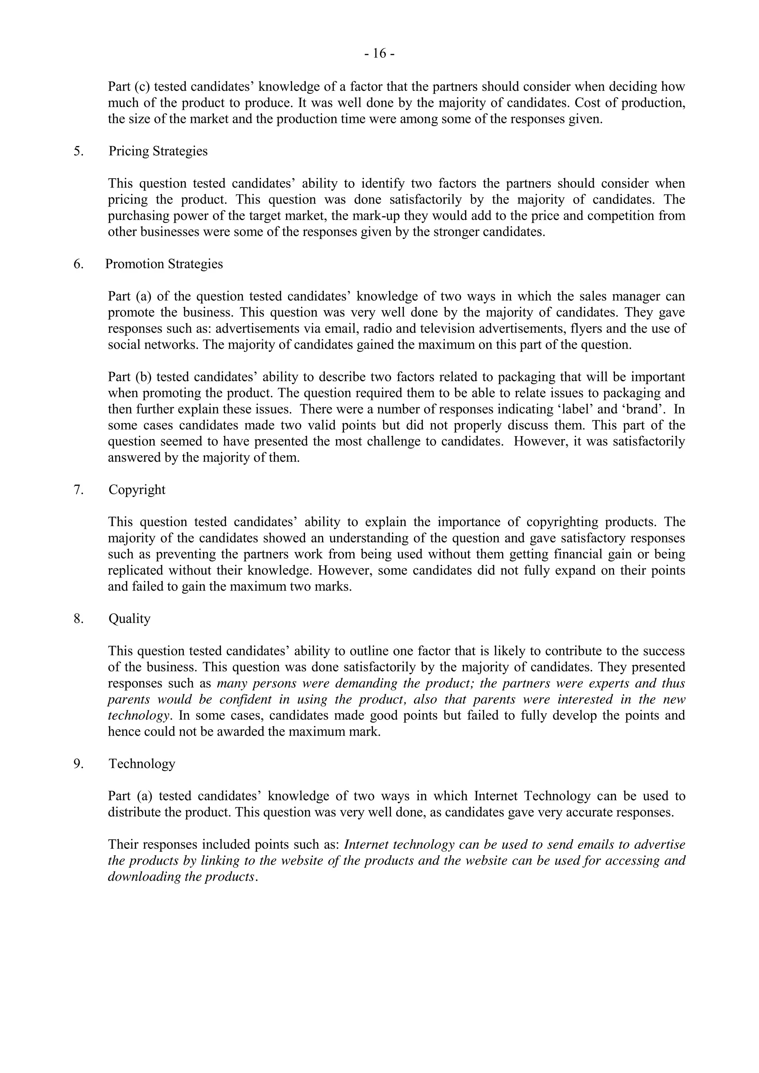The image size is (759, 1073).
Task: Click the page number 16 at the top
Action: [379, 54]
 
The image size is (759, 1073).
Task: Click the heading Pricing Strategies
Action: [158, 152]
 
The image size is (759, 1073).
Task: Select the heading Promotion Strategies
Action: [164, 265]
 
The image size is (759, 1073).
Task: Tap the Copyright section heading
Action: [137, 490]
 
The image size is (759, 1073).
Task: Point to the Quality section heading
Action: [129, 619]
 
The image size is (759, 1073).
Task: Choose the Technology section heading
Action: [142, 764]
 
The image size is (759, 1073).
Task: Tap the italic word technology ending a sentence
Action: [138, 716]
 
